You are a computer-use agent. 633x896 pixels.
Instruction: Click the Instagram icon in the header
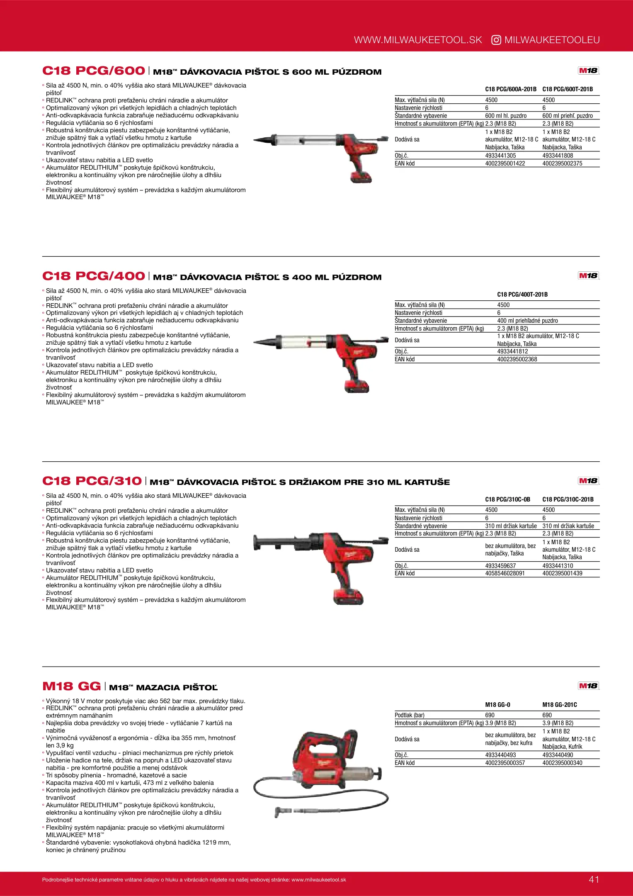496,40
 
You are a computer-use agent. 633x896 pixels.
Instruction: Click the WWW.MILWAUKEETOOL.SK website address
418,40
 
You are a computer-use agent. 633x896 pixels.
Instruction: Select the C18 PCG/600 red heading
94,71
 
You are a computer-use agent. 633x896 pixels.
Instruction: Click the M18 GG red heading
72,686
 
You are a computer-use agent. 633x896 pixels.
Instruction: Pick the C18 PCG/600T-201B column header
568,89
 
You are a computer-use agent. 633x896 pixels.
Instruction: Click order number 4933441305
500,156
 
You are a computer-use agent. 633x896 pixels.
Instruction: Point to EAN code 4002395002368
517,359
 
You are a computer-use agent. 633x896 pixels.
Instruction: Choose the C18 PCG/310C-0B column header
507,499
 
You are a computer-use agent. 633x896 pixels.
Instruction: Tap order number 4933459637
500,566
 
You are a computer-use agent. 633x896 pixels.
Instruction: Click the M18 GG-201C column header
560,705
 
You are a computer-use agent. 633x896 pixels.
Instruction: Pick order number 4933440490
558,755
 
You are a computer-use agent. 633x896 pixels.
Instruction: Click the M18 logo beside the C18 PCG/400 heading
588,275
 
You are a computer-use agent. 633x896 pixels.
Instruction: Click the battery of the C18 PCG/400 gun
357,386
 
